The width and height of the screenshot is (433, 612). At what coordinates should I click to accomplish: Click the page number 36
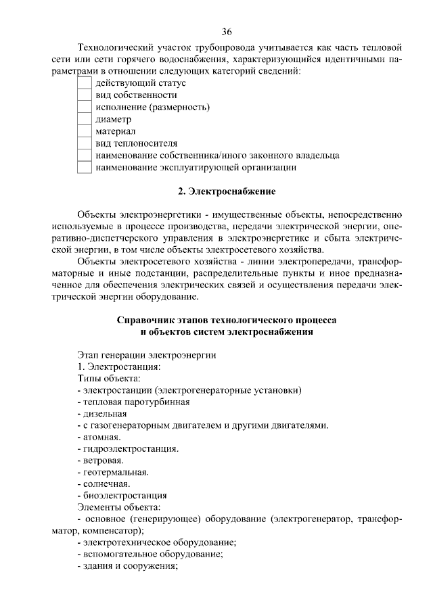227,32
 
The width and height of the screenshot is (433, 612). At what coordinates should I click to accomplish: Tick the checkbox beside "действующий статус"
84,83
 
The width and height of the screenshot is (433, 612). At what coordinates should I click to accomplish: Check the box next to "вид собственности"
84,95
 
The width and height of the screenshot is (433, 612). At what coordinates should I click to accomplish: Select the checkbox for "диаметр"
84,120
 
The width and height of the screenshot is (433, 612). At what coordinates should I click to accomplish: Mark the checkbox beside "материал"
84,132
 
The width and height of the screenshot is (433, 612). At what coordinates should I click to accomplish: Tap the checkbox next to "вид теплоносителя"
84,143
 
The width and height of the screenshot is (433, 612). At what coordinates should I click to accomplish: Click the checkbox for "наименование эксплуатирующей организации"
84,168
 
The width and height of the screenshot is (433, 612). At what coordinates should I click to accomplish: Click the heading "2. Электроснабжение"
227,191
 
